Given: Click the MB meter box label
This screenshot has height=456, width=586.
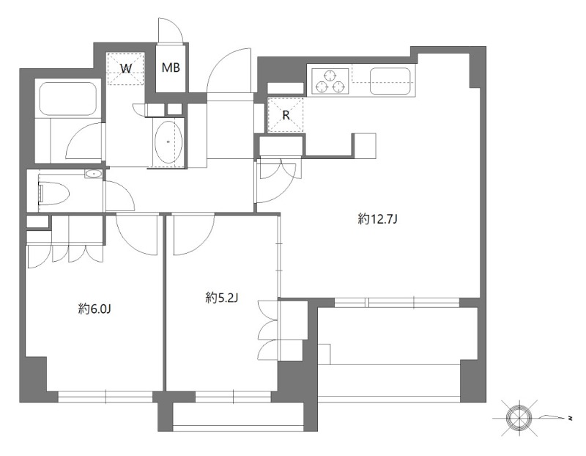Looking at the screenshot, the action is click(x=171, y=67).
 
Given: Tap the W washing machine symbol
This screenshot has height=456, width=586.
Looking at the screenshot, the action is click(x=125, y=69).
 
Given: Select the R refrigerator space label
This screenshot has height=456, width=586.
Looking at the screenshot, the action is click(x=286, y=115).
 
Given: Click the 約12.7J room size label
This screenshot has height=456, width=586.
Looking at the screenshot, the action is click(x=377, y=218).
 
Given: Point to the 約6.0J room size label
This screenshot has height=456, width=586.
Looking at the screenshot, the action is click(x=94, y=309).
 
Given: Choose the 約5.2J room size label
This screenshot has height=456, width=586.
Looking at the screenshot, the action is click(x=222, y=298).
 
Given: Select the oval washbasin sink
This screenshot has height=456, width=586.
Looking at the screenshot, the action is click(x=168, y=141).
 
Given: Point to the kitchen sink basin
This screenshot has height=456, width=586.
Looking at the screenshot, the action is click(x=390, y=81).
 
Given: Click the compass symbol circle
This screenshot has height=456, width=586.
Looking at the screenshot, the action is click(x=519, y=417).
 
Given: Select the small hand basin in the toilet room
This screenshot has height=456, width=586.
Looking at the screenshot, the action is click(x=93, y=174).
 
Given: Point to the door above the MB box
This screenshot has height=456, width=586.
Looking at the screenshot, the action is click(x=171, y=30).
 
